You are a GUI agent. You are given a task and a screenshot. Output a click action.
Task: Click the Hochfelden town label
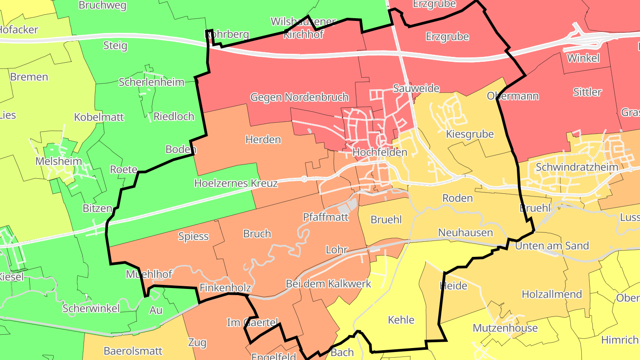click(373, 152)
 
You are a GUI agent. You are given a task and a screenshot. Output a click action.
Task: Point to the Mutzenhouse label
click(505, 328)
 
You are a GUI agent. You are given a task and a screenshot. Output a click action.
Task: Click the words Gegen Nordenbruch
click(300, 97)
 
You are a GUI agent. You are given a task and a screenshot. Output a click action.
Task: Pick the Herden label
click(263, 140)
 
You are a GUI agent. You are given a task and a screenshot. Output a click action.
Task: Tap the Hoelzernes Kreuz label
click(236, 183)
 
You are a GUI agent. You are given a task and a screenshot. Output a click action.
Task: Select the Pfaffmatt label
click(326, 217)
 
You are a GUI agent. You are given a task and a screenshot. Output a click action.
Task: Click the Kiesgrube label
click(470, 134)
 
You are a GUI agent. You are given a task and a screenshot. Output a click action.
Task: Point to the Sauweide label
click(416, 88)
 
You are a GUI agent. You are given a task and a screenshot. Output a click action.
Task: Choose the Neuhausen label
click(465, 232)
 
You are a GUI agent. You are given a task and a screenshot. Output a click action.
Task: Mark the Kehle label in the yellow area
click(401, 320)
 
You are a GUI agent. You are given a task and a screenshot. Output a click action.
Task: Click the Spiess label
click(193, 236)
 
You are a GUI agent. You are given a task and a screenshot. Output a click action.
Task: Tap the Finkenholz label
click(225, 288)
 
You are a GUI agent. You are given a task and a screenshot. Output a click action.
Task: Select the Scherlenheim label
click(152, 82)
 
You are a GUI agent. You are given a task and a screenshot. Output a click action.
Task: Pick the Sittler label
click(587, 92)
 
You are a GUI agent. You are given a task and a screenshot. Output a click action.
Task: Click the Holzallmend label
click(552, 294)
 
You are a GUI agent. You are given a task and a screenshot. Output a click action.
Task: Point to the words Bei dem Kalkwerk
click(328, 284)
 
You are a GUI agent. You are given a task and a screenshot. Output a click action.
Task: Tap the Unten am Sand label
click(552, 246)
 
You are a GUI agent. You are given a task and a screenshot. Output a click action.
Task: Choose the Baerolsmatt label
click(133, 351)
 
